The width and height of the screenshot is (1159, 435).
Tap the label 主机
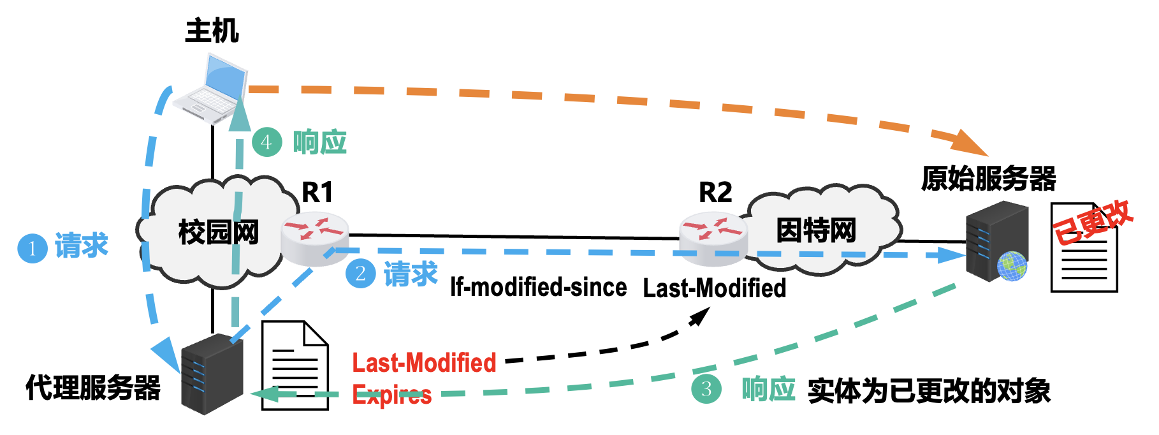point(212,31)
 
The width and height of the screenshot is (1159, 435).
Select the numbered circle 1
point(32,248)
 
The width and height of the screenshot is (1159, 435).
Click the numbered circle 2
point(360,274)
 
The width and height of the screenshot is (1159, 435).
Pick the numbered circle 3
point(706,389)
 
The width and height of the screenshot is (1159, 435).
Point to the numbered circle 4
point(266,142)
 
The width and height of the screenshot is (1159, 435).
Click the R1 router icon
point(315,237)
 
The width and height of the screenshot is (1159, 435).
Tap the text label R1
point(317,192)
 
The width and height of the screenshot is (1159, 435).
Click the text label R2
point(715,192)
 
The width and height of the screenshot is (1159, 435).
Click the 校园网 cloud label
point(219,232)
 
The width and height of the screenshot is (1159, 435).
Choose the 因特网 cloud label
point(816,230)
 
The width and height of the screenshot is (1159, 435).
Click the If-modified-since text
point(538,288)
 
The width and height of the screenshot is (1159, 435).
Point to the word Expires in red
point(391,395)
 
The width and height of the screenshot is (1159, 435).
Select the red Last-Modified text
point(424,363)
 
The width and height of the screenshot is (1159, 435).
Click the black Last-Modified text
point(714,288)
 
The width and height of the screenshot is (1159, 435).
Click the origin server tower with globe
point(996,242)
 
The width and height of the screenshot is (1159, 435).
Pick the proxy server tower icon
point(212,374)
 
